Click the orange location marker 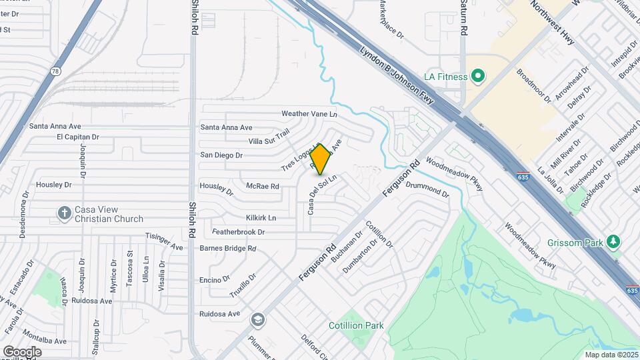coord(321,159)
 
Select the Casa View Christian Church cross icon coord(64,213)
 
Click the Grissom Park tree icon coord(614,242)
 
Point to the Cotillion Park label coord(356,325)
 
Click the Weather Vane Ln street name coord(309,114)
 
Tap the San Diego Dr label coord(221,155)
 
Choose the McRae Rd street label coord(262,186)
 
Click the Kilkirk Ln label coord(261,218)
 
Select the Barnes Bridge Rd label coord(228,248)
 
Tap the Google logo coord(22,351)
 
